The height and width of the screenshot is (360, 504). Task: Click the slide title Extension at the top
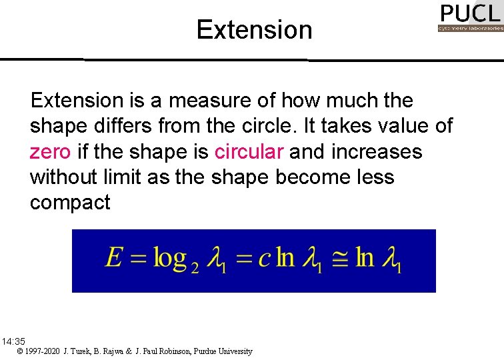(254, 30)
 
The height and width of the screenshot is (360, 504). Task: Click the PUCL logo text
(470, 13)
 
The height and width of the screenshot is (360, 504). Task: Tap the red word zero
(50, 151)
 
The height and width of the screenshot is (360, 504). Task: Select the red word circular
(249, 151)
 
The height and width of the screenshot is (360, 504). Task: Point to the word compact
(70, 203)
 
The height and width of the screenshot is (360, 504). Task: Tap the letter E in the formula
(114, 257)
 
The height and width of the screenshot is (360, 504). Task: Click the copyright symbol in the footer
(21, 351)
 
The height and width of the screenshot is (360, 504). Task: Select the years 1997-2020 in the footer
(43, 351)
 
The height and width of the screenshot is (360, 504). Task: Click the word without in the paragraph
(58, 177)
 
